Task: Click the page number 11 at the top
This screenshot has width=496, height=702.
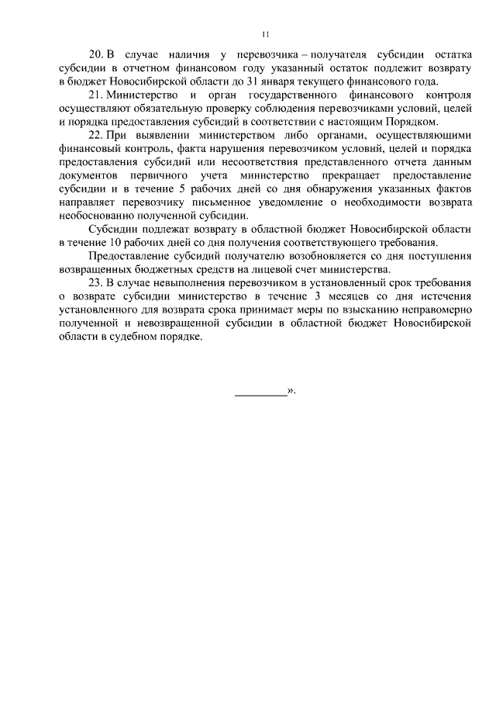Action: click(x=264, y=34)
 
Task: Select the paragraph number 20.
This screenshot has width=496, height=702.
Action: click(x=96, y=55)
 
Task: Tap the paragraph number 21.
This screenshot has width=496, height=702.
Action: click(x=96, y=95)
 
